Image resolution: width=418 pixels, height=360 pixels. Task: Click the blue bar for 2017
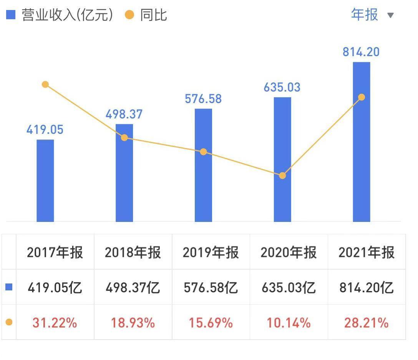[45, 180]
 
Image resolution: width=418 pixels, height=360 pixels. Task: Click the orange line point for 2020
[282, 175]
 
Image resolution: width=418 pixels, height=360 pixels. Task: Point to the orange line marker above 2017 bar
[45, 84]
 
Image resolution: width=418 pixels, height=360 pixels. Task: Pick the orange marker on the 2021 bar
[361, 97]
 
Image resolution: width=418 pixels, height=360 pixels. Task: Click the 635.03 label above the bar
[282, 87]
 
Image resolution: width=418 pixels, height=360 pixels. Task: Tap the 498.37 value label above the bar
[124, 114]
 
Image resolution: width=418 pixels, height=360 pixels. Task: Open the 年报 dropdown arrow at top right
[390, 15]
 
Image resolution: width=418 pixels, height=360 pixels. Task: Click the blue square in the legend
[11, 15]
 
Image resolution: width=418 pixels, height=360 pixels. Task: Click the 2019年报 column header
[211, 253]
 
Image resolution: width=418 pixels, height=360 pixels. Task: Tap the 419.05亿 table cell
[55, 288]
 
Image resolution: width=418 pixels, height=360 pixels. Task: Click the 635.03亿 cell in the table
[289, 288]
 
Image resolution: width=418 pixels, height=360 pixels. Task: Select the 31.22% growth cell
[55, 323]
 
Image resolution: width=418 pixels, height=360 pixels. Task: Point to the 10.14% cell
[289, 323]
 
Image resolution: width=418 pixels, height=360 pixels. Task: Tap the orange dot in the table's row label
[9, 322]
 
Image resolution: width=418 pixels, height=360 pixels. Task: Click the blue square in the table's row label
[9, 287]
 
